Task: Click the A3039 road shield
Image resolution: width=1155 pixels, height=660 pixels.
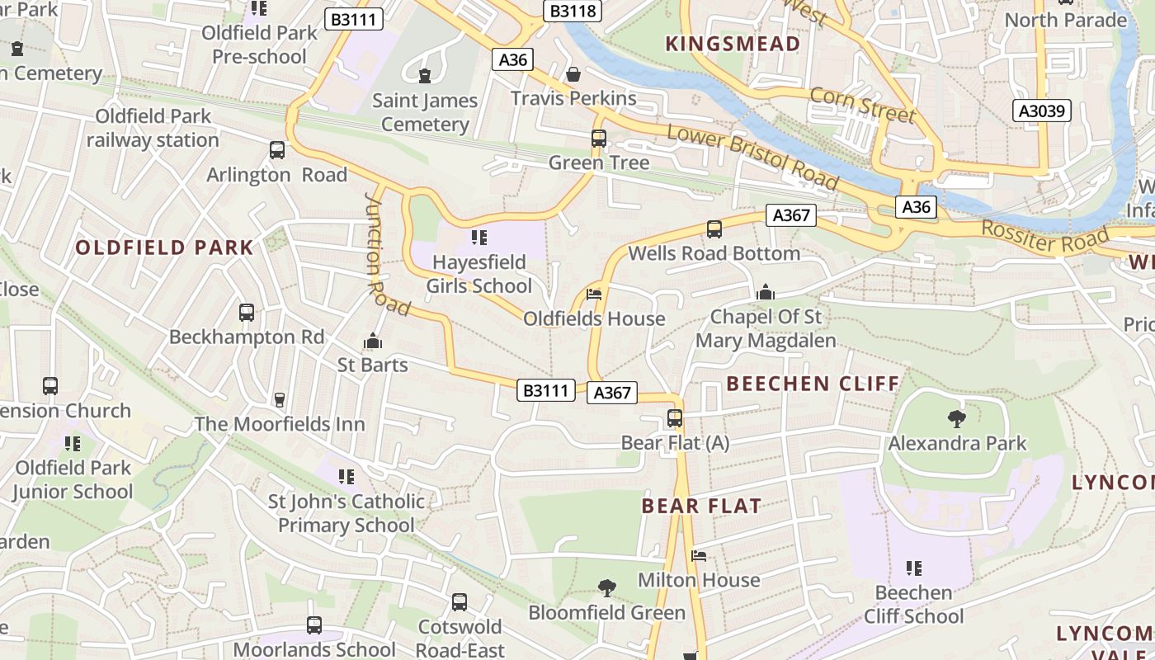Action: [x=1042, y=111]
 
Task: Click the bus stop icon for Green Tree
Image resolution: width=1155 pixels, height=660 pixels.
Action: [x=599, y=139]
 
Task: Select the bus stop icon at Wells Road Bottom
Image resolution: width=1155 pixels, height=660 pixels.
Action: [x=714, y=229]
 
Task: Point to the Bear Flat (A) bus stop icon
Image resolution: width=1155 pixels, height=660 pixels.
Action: [x=675, y=418]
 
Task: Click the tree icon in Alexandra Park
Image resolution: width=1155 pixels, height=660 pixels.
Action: [x=957, y=419]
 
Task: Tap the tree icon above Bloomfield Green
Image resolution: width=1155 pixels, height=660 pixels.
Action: [x=607, y=588]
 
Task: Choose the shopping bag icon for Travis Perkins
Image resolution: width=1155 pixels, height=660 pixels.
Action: [x=573, y=74]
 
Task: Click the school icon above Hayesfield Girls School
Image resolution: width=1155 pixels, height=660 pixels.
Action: [x=478, y=238]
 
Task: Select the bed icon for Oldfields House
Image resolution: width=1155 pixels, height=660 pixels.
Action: [x=594, y=295]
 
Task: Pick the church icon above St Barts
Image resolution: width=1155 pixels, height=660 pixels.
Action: [x=373, y=341]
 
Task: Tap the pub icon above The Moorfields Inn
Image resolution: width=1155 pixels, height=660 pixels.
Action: [x=280, y=400]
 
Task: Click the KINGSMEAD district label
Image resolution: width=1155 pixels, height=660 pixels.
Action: [x=733, y=44]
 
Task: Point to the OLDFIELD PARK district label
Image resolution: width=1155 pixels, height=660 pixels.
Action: [x=165, y=247]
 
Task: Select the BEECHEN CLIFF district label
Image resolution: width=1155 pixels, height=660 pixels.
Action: [x=813, y=383]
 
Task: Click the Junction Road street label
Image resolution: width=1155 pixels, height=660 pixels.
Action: [x=386, y=254]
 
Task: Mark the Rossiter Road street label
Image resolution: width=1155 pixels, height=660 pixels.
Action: [x=1045, y=238]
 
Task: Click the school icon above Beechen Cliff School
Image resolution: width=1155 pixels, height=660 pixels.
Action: [x=913, y=568]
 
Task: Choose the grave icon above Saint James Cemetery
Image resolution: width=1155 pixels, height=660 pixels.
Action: [x=425, y=76]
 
